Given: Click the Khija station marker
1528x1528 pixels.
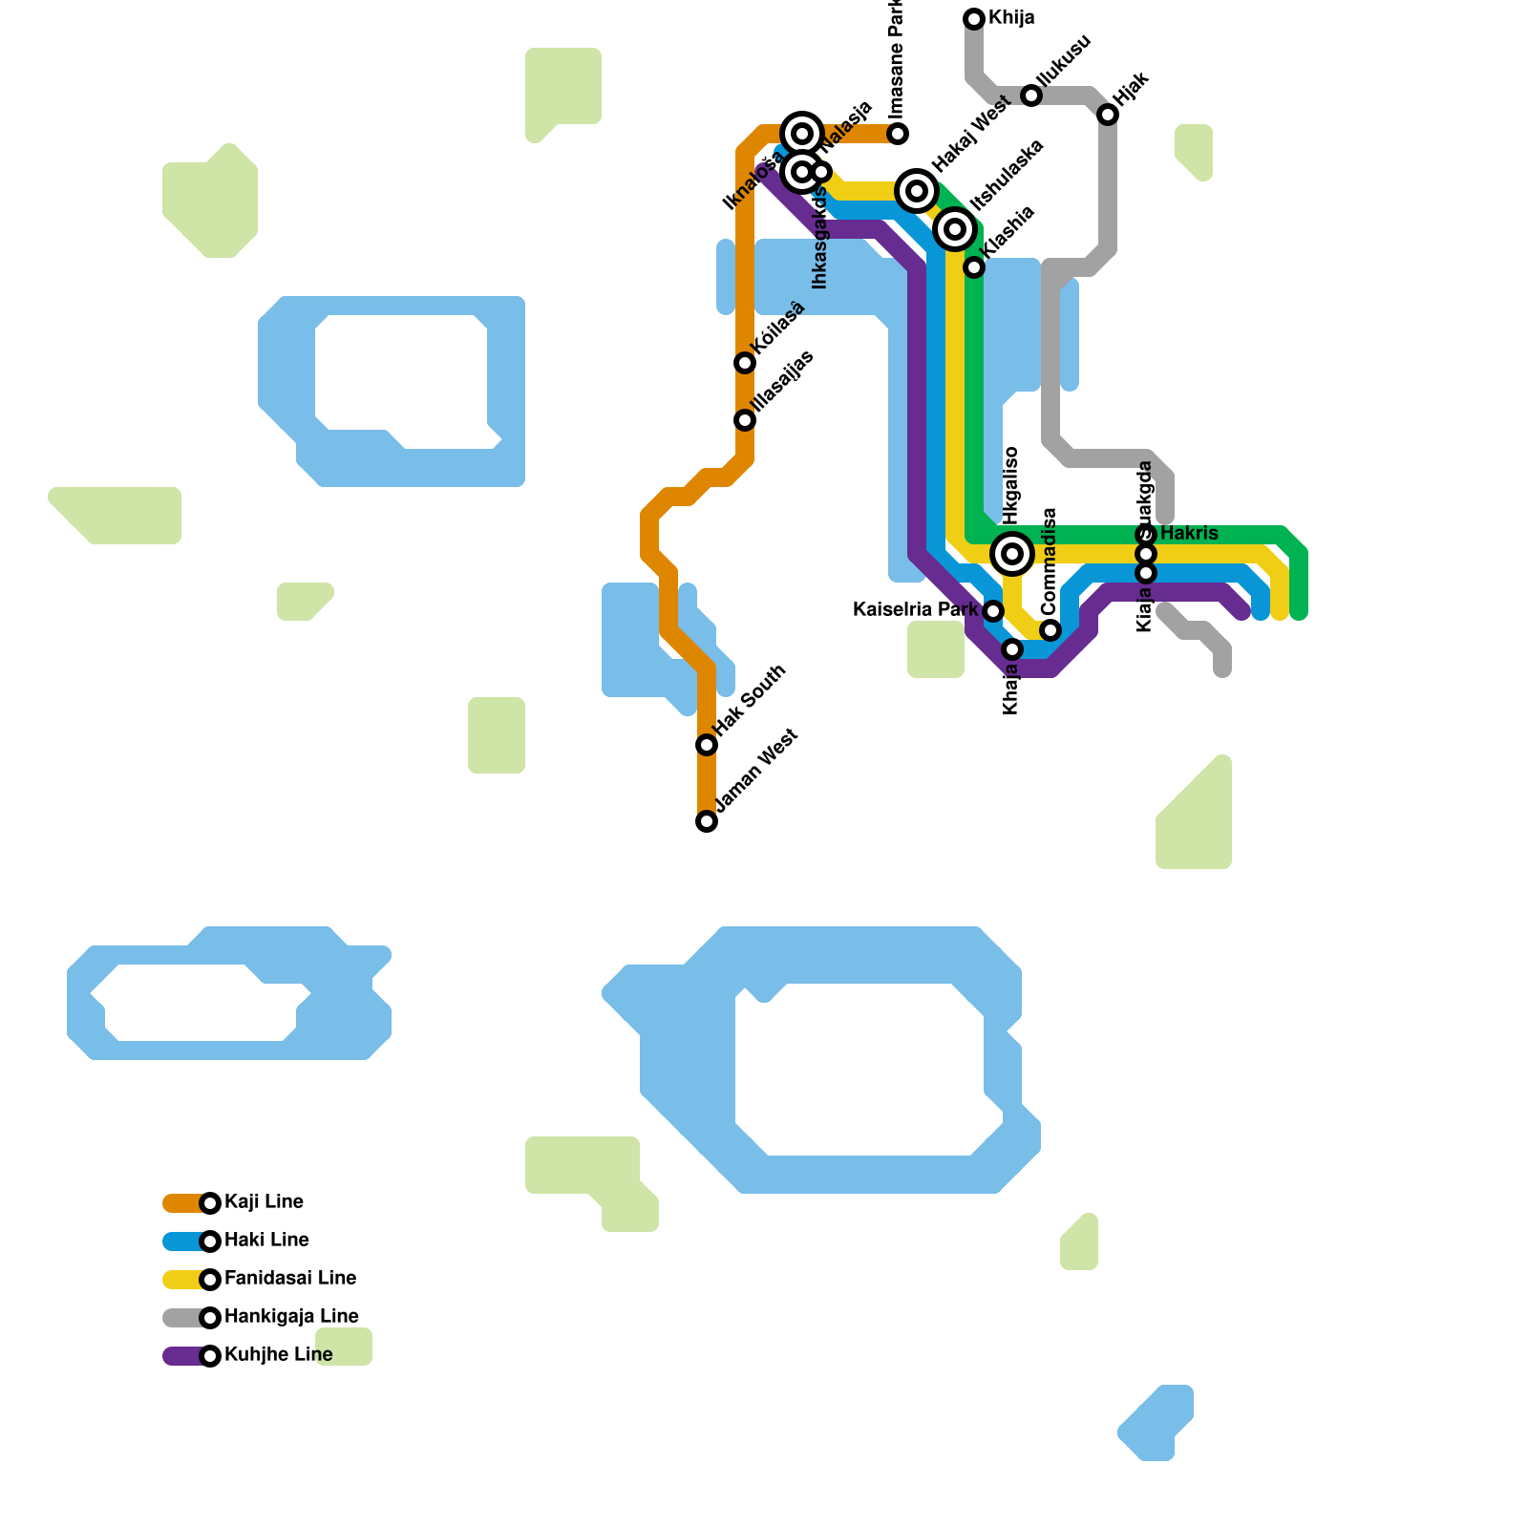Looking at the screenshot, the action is click(974, 18).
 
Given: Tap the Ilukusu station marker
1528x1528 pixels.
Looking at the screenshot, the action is click(1031, 95).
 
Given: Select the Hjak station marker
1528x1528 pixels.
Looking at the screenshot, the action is click(1108, 115).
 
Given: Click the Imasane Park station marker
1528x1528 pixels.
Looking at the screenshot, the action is click(898, 133).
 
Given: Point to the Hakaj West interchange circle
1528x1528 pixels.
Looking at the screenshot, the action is click(917, 191).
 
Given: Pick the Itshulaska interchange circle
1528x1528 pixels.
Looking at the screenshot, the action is click(955, 229).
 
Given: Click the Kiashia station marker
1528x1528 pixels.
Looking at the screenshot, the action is click(974, 267).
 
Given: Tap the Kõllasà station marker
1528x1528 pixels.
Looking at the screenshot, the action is click(745, 363).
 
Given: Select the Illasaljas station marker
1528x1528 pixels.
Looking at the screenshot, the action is click(745, 420).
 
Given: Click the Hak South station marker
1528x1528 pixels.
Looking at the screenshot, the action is click(707, 745).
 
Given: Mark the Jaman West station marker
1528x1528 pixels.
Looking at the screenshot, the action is click(707, 821).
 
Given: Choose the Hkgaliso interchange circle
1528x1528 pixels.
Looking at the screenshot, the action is click(1012, 554).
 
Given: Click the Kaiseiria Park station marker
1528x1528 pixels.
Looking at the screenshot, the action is click(993, 611).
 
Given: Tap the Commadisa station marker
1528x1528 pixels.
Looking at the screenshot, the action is click(1050, 630).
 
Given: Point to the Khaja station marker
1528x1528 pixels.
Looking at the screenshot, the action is click(1012, 649).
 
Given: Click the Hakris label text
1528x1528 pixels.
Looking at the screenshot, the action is click(1189, 533).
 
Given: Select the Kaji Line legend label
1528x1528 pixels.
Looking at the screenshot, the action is click(264, 1202).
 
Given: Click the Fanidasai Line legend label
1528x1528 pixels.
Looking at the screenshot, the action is click(289, 1279).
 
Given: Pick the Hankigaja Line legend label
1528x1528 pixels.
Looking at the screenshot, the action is click(291, 1317).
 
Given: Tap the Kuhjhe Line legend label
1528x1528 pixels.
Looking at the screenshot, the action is click(278, 1355).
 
